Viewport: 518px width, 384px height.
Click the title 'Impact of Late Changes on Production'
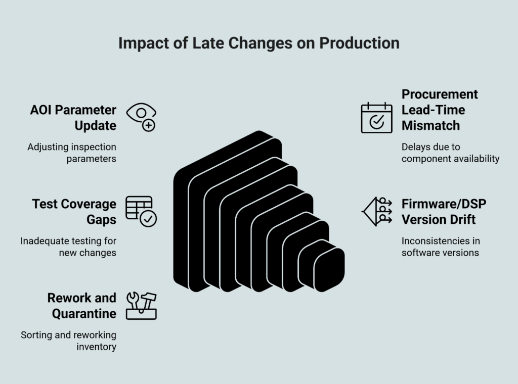click(x=258, y=43)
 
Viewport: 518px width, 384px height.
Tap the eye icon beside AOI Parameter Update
click(x=141, y=117)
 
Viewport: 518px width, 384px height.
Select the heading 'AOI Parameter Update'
click(x=73, y=117)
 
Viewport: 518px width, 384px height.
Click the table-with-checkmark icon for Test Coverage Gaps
click(x=141, y=211)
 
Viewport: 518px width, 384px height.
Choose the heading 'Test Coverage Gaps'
click(x=74, y=211)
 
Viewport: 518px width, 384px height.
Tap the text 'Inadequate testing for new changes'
click(x=68, y=247)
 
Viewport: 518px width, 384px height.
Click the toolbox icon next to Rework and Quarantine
click(x=141, y=305)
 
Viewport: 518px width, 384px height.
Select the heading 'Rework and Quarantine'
click(x=81, y=305)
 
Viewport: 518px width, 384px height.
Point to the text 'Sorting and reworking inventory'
click(x=68, y=341)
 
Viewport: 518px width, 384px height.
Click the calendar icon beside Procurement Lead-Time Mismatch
click(x=376, y=117)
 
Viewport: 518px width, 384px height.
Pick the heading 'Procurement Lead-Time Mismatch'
click(x=440, y=110)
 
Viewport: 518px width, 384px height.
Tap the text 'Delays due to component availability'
click(x=450, y=153)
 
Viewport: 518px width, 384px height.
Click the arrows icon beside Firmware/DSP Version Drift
click(x=377, y=211)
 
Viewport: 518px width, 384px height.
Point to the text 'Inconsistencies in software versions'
click(x=441, y=247)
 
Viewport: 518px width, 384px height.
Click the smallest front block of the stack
click(x=330, y=269)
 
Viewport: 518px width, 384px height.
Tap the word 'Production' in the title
click(x=359, y=43)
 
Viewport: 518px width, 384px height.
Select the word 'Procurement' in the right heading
click(x=440, y=94)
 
